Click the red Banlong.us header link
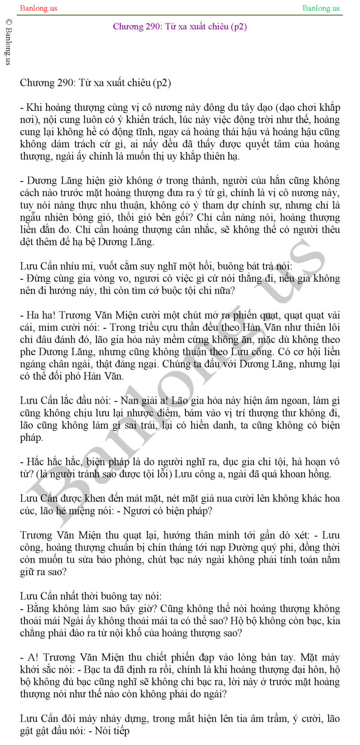pyautogui.click(x=39, y=8)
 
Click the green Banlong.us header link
pyautogui.click(x=321, y=8)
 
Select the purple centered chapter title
pyautogui.click(x=180, y=27)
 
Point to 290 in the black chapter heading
pyautogui.click(x=67, y=83)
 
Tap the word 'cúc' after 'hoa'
pyautogui.click(x=27, y=511)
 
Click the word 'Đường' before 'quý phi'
pyautogui.click(x=243, y=547)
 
